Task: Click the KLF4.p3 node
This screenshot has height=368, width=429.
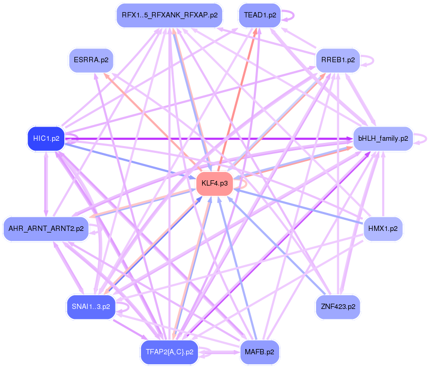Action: [215, 183]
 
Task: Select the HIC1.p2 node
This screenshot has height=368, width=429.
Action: [46, 139]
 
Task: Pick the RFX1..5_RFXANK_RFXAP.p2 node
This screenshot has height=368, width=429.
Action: [169, 15]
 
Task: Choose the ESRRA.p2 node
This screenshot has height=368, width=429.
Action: [91, 60]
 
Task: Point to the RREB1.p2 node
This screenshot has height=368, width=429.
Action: [338, 60]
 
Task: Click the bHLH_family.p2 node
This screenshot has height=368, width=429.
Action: [383, 139]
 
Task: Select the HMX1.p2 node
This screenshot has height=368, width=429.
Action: [383, 229]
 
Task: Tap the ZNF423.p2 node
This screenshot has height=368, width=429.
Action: [338, 306]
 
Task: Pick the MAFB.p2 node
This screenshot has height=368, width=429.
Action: [260, 352]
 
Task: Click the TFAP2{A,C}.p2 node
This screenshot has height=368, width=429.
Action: [169, 352]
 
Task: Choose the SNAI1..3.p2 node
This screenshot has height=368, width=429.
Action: [91, 306]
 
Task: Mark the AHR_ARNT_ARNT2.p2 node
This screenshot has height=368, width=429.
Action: [46, 229]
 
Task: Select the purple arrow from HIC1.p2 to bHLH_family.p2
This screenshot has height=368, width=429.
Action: [211, 139]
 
